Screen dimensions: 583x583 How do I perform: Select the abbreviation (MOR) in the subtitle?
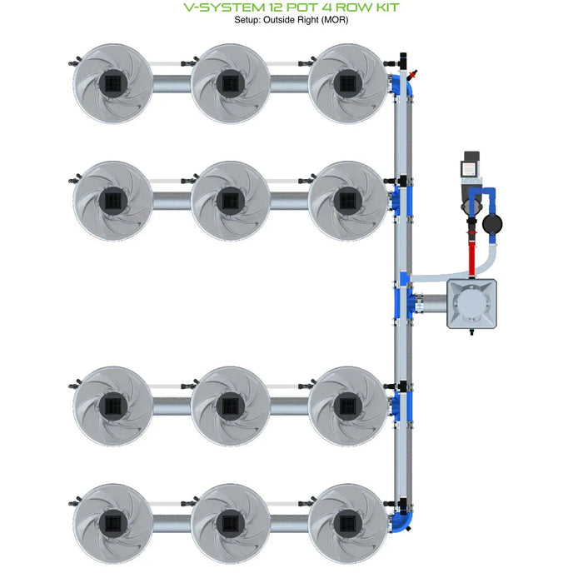click(331, 20)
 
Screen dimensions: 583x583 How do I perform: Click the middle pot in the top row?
click(230, 83)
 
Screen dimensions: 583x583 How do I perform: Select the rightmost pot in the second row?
click(347, 201)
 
